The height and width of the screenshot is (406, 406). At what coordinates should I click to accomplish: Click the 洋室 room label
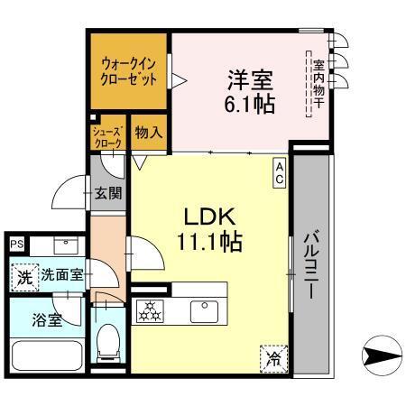coord(244,78)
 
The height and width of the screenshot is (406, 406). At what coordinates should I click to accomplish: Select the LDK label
coord(210,217)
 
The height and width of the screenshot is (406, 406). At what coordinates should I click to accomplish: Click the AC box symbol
coord(280,172)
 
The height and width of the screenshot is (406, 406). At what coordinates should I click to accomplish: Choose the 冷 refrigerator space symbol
coord(272,358)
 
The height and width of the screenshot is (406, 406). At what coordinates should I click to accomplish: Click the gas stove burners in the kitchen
coord(147,312)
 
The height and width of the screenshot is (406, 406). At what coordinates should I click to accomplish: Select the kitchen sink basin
coord(204,312)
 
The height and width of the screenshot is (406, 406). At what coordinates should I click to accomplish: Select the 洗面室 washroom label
coord(61,276)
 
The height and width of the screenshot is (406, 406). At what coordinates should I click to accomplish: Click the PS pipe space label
coord(16,245)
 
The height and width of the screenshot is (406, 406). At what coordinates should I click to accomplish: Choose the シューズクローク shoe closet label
coord(107,137)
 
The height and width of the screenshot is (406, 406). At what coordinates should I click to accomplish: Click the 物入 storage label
coord(148,132)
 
